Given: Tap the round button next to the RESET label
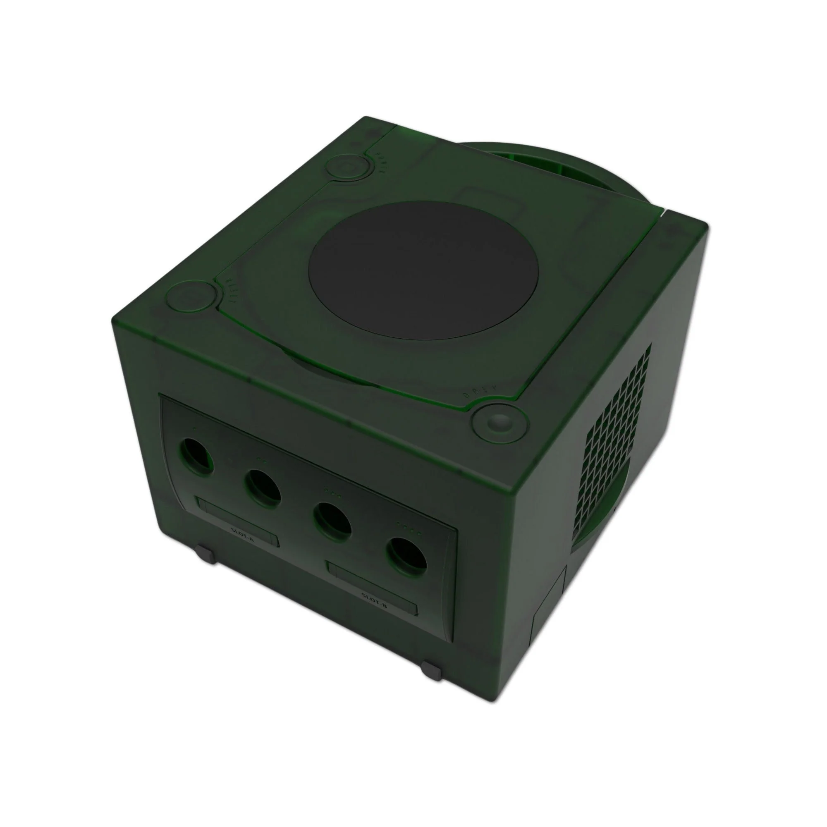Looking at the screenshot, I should tap(191, 296).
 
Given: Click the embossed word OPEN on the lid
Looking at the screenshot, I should tap(480, 392).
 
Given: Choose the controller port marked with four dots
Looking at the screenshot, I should tap(406, 556).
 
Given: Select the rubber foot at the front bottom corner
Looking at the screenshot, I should tap(430, 671).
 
